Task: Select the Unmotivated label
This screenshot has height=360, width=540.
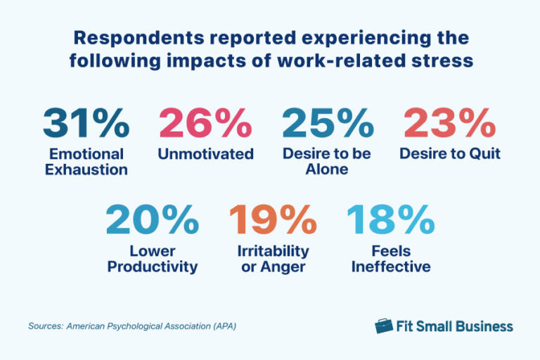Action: [205, 154]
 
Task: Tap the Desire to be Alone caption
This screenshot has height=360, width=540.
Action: [328, 162]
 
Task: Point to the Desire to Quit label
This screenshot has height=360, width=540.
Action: [450, 154]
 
